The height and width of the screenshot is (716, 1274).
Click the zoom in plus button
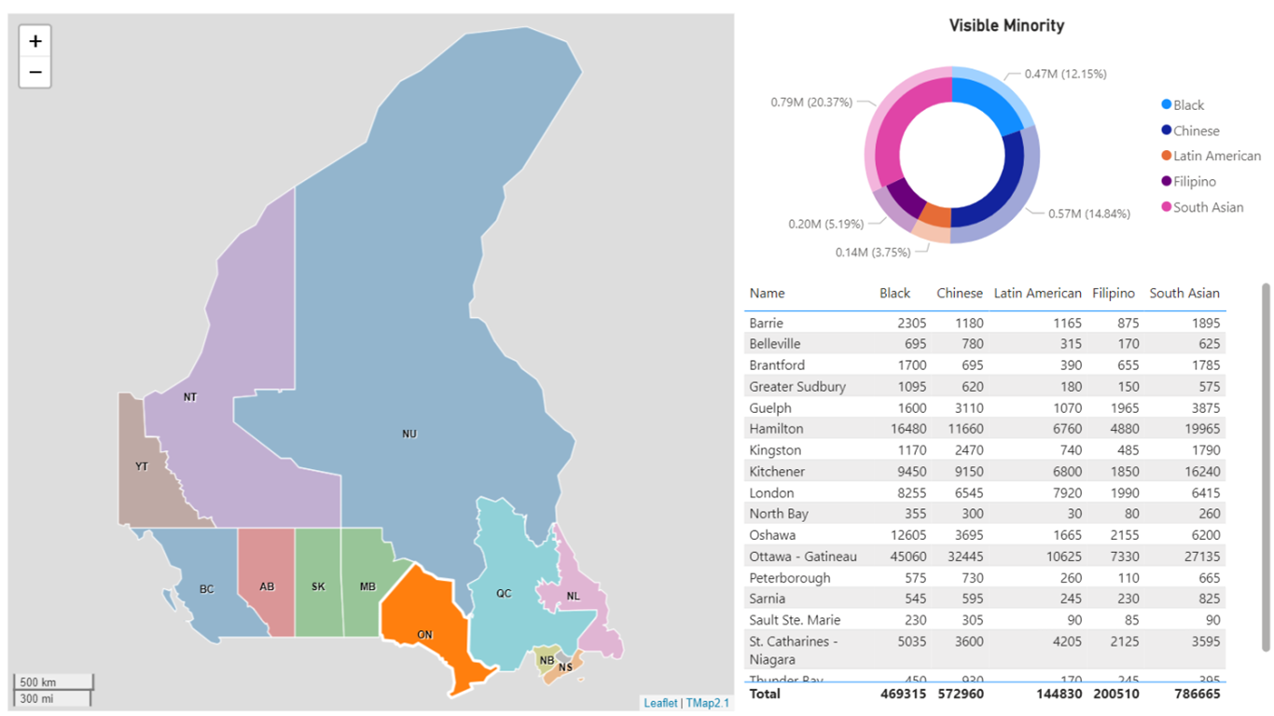35,41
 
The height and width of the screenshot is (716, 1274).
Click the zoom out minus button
35,72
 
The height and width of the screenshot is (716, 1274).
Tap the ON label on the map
424,635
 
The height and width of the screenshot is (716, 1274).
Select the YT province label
142,466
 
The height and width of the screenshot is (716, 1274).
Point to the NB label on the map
547,661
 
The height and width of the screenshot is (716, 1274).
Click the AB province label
267,587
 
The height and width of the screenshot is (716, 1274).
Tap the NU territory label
409,434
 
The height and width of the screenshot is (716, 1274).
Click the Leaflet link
660,703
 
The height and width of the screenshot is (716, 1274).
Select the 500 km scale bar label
37,682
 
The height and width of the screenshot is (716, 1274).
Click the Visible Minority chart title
1006,26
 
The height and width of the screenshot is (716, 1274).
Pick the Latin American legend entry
1216,157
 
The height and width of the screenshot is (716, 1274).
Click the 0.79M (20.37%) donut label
810,103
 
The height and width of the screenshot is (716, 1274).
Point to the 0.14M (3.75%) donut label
873,253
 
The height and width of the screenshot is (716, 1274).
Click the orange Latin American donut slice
936,216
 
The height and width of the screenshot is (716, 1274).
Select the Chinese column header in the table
959,293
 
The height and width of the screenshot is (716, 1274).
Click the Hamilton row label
776,429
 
